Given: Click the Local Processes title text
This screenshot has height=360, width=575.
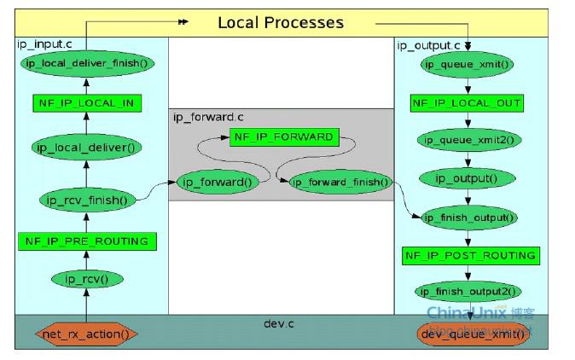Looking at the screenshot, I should pyautogui.click(x=281, y=23).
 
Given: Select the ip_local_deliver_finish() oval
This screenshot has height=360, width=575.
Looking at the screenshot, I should pyautogui.click(x=85, y=63).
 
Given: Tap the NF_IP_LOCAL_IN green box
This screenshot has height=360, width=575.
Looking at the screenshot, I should pyautogui.click(x=85, y=103).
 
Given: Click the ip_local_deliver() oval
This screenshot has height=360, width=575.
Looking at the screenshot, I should pyautogui.click(x=87, y=147).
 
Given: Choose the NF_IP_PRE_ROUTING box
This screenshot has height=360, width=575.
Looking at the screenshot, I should pyautogui.click(x=86, y=241).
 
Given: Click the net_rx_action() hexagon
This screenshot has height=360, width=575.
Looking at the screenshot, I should pyautogui.click(x=86, y=334).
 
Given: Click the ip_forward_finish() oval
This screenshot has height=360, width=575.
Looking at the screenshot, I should pyautogui.click(x=340, y=182).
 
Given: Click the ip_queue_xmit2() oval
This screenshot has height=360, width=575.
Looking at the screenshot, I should pyautogui.click(x=468, y=140).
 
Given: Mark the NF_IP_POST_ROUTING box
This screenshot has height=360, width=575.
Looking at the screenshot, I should pyautogui.click(x=470, y=255).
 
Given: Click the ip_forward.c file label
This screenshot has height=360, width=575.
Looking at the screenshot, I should pyautogui.click(x=205, y=117).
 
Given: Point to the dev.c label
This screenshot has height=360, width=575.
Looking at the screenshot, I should pyautogui.click(x=278, y=324).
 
